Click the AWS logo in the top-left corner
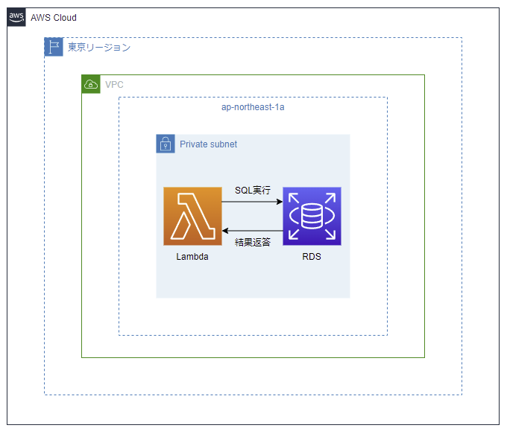tap(16, 17)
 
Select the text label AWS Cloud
tap(54, 18)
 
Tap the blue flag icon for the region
tap(54, 48)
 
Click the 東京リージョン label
tap(98, 48)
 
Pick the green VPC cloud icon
tap(90, 84)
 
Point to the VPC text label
tap(114, 85)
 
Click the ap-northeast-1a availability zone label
tap(253, 107)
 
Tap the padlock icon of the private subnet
tap(166, 144)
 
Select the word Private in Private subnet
tap(194, 144)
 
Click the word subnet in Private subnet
tap(224, 144)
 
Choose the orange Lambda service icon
tap(192, 216)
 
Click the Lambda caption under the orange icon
tap(192, 257)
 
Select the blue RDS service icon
tap(312, 216)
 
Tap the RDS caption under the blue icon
tap(312, 257)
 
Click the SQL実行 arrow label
tap(253, 191)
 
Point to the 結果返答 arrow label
tap(253, 242)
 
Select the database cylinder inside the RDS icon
tap(312, 216)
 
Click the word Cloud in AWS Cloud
tap(64, 18)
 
